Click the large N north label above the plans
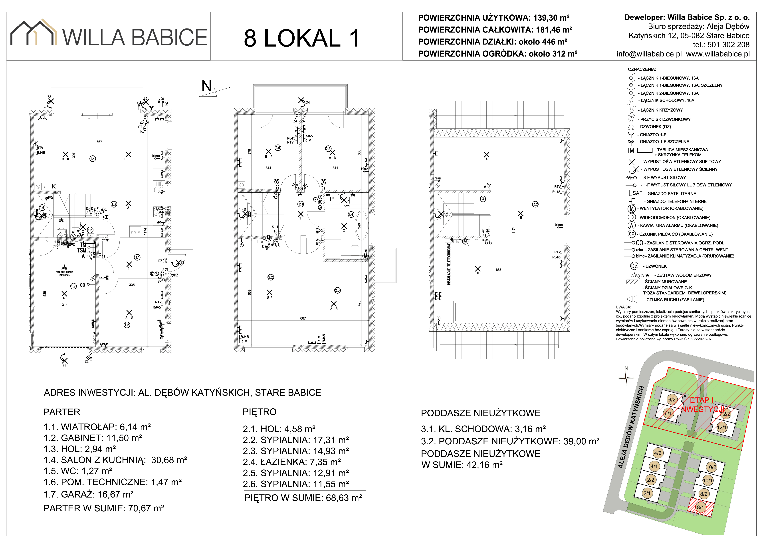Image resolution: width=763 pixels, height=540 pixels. tap(207, 87)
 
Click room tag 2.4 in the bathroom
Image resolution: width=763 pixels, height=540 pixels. tap(351, 215)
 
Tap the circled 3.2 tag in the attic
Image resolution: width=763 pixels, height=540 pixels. tap(535, 204)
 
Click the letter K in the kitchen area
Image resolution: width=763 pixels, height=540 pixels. tap(54, 187)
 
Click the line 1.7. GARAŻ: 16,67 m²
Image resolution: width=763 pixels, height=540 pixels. tap(88, 494)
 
